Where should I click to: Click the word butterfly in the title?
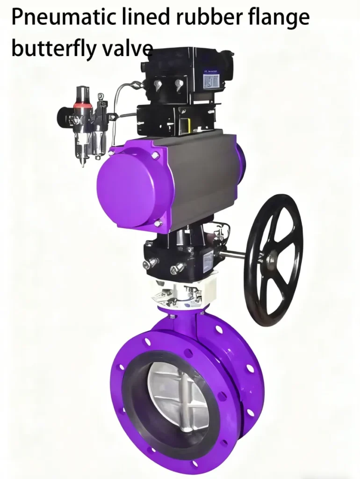coord(51,48)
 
